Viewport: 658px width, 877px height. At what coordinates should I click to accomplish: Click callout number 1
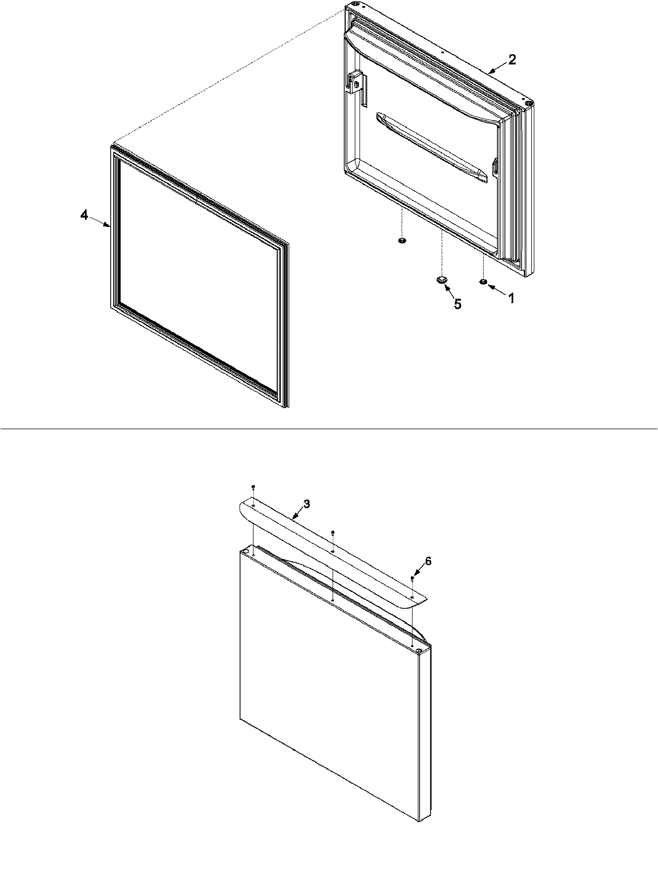(x=511, y=298)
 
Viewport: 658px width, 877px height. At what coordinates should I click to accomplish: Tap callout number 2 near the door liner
(x=512, y=60)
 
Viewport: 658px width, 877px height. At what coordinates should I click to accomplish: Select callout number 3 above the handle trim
(x=307, y=504)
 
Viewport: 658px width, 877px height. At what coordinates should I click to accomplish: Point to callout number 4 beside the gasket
(x=84, y=215)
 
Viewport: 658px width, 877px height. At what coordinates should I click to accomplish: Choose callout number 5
(x=457, y=304)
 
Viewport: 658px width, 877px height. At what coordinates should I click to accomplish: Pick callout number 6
(x=428, y=561)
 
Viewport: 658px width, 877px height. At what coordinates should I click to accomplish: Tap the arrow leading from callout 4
(x=100, y=221)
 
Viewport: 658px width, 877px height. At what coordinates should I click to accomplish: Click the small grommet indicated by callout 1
(x=483, y=282)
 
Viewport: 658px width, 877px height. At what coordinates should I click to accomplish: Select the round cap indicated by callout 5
(x=441, y=280)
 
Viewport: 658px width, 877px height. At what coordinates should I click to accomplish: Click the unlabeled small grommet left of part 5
(x=401, y=241)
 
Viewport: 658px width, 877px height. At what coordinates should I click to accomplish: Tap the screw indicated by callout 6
(x=412, y=579)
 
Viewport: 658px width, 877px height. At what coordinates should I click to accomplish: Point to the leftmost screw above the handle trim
(x=253, y=487)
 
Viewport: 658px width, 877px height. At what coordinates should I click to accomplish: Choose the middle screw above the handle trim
(x=333, y=532)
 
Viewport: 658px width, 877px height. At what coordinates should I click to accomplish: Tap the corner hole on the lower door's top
(x=419, y=651)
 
